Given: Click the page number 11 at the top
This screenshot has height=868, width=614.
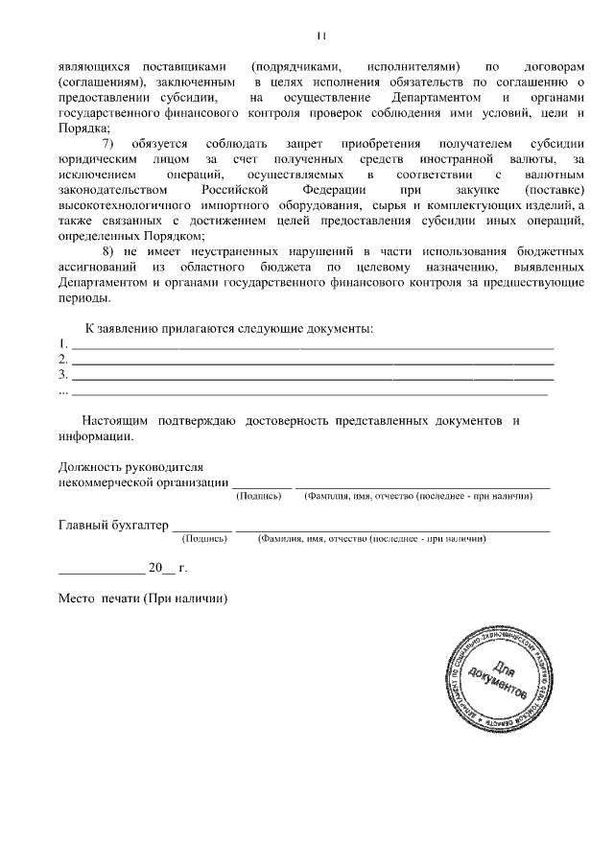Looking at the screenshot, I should [x=320, y=35].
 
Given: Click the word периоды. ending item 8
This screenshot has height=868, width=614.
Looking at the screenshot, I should [x=82, y=297].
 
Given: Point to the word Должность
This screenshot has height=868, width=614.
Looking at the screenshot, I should [x=91, y=467].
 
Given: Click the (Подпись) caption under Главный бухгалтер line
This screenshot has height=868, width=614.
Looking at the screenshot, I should [x=204, y=539].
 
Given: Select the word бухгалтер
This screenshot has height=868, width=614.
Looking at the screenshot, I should [x=139, y=526].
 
